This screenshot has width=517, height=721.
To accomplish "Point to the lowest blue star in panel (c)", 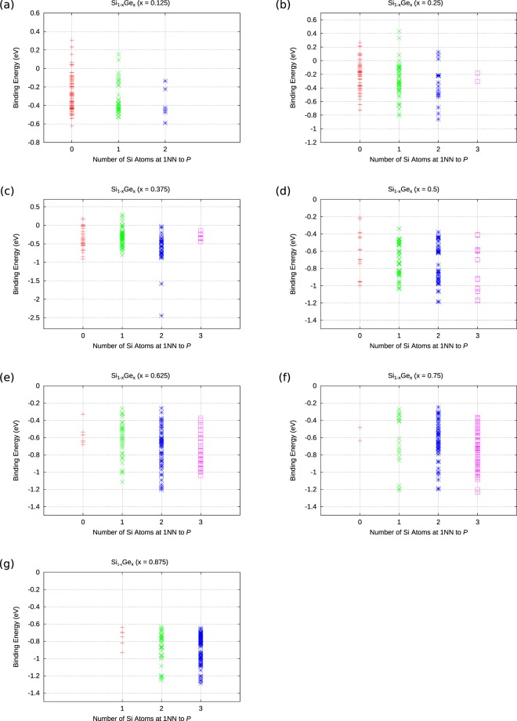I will (x=161, y=316).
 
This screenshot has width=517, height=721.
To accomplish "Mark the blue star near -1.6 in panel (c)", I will (x=161, y=284).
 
